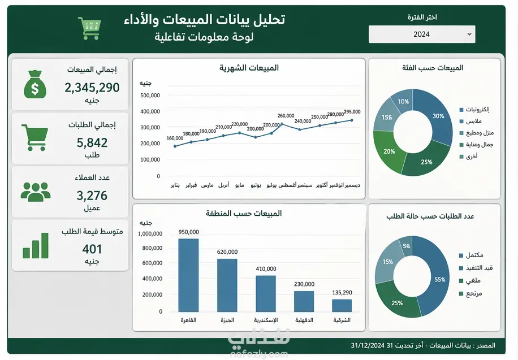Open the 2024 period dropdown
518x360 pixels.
422,34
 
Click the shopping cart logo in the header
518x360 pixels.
89,28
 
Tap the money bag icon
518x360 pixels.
35,85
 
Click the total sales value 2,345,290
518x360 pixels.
92,88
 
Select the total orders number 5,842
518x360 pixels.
92,142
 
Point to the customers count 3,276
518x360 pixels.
92,196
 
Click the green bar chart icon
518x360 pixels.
36,246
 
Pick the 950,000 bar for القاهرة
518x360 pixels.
189,275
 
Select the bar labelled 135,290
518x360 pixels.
342,306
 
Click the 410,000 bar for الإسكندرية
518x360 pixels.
266,294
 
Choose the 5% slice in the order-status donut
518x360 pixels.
407,245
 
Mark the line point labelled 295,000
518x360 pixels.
352,120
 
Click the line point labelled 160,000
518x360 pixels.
175,146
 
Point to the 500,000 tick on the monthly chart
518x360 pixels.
150,96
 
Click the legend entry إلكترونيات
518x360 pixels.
474,109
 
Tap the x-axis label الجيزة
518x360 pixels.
227,320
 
